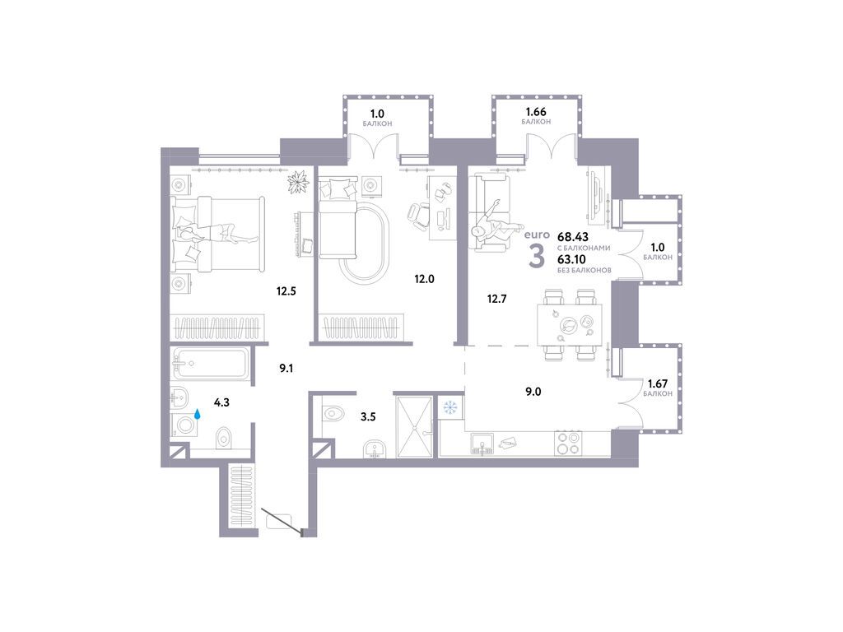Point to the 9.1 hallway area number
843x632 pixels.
tap(286, 369)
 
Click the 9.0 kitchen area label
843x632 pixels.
tap(533, 392)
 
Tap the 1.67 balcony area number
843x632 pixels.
tap(659, 383)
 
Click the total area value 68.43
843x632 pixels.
tap(573, 236)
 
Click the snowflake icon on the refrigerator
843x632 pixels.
tap(450, 407)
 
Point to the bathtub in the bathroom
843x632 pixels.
tap(209, 363)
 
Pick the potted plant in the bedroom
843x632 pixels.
tap(296, 180)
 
